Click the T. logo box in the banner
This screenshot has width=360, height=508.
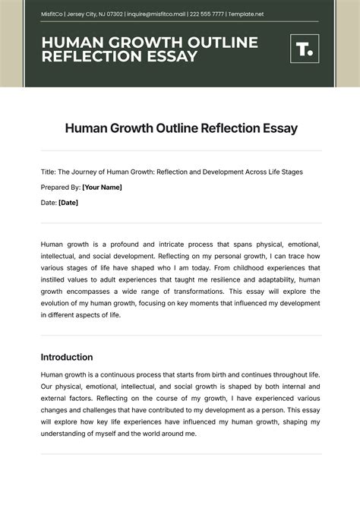(x=304, y=50)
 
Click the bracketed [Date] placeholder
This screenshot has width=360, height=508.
(x=68, y=203)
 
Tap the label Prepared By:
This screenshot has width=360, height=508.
(x=61, y=187)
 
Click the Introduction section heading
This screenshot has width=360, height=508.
(x=67, y=357)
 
